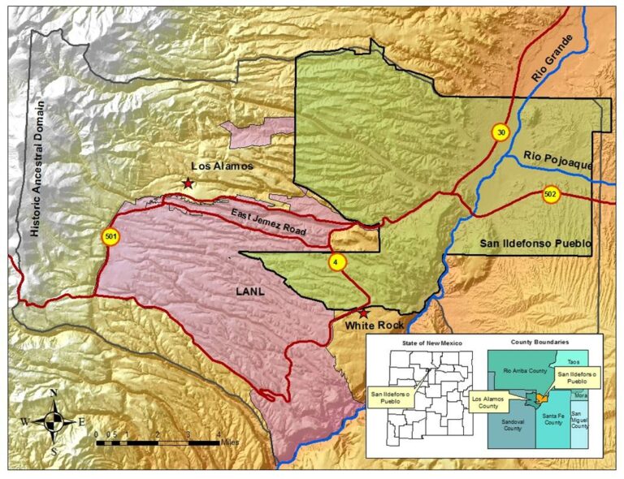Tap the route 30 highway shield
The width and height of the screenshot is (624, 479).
point(500,132)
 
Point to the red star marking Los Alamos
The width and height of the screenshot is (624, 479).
point(188,183)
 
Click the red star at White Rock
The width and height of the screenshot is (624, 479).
point(363,313)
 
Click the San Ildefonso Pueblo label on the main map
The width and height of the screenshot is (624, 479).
point(534,243)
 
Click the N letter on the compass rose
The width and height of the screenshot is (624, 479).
point(54,393)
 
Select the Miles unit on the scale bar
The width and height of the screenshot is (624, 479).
point(230,443)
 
